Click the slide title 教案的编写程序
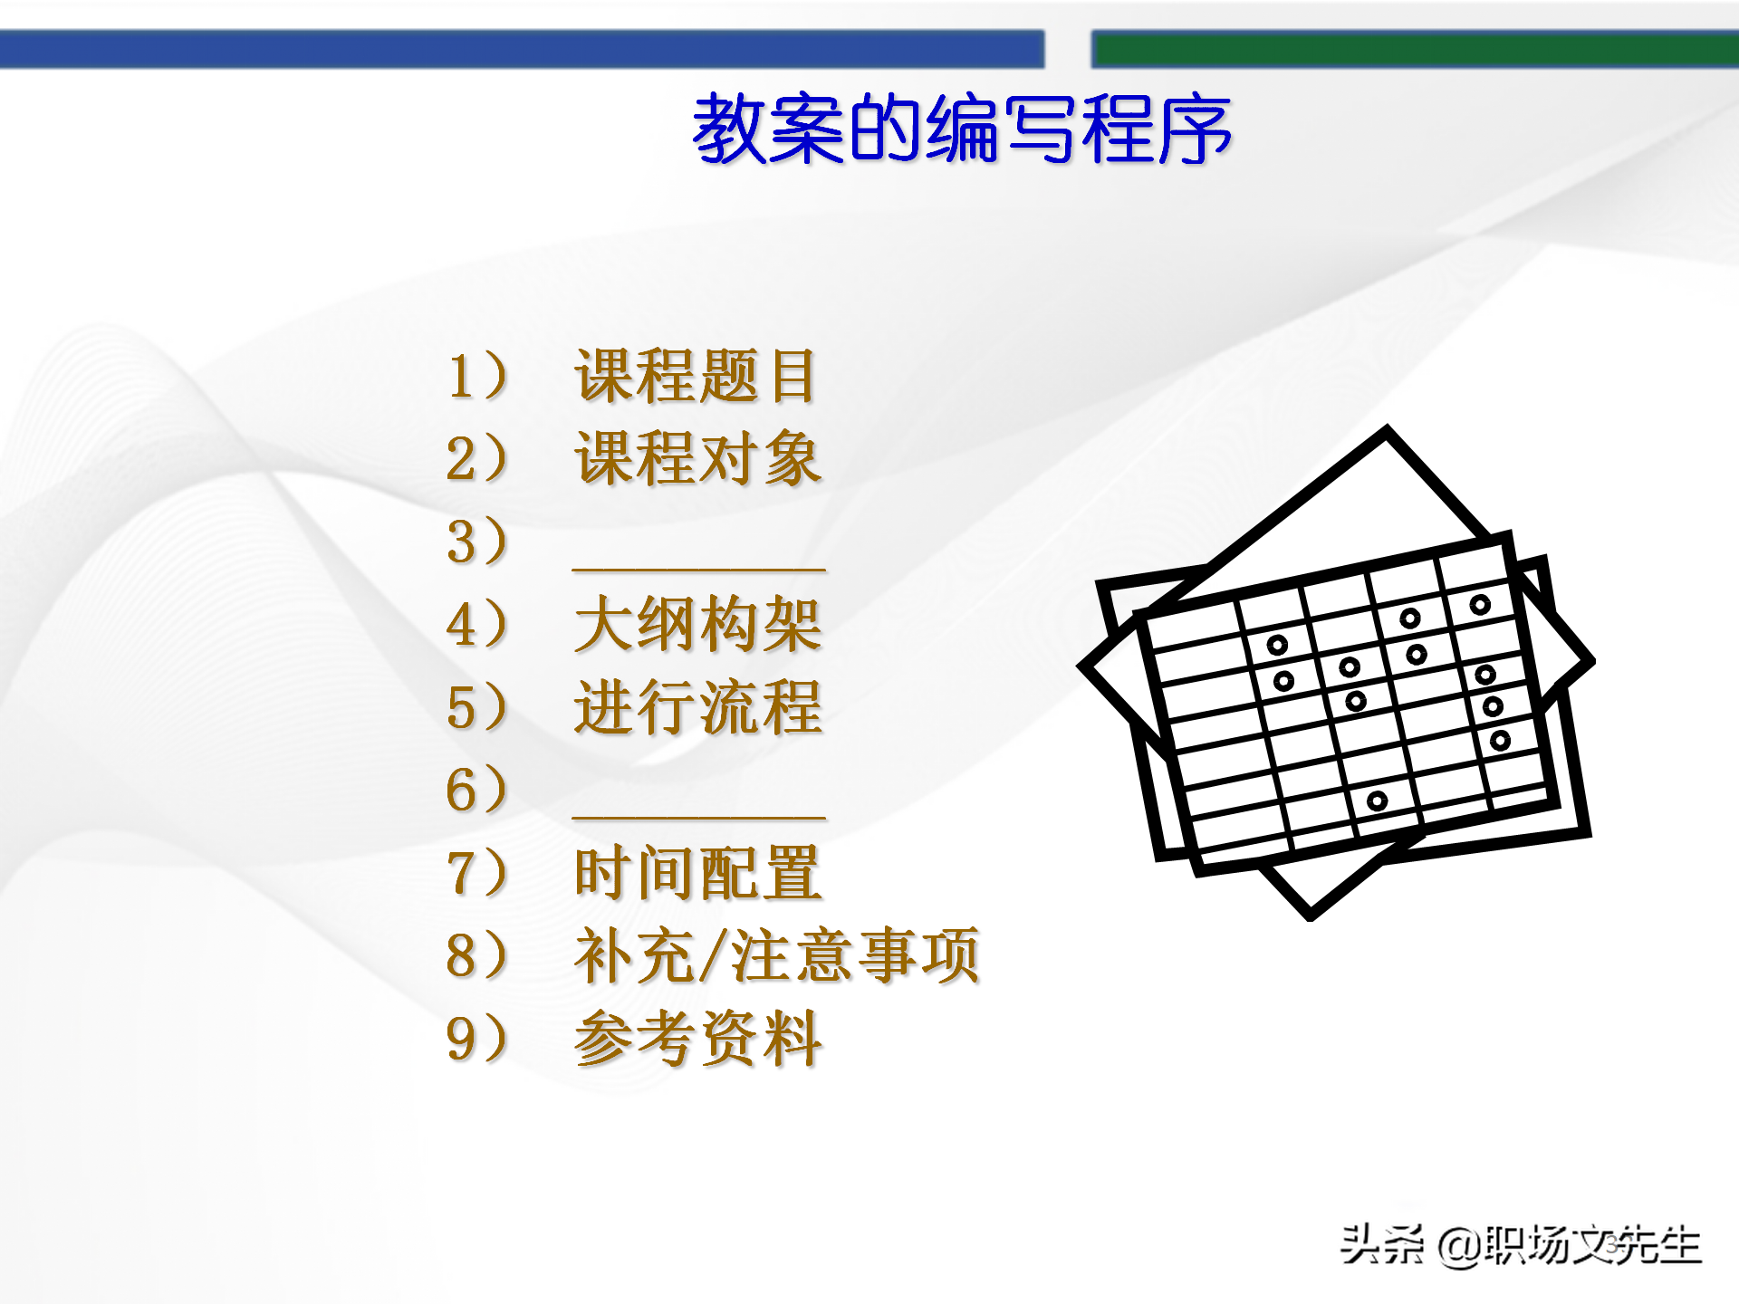click(961, 129)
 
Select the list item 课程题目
click(696, 376)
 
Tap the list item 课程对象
click(697, 459)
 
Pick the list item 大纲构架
click(697, 625)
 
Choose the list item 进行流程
click(697, 707)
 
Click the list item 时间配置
click(697, 873)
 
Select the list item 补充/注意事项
click(776, 955)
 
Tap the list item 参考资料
click(697, 1039)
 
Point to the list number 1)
click(476, 376)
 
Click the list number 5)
click(476, 707)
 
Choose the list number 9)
click(476, 1039)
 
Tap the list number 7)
click(476, 873)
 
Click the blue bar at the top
click(522, 49)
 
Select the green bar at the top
click(1414, 49)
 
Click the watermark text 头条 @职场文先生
click(1521, 1245)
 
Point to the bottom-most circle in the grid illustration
click(1377, 801)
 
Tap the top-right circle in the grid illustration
click(1480, 604)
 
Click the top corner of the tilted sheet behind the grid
click(1386, 432)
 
